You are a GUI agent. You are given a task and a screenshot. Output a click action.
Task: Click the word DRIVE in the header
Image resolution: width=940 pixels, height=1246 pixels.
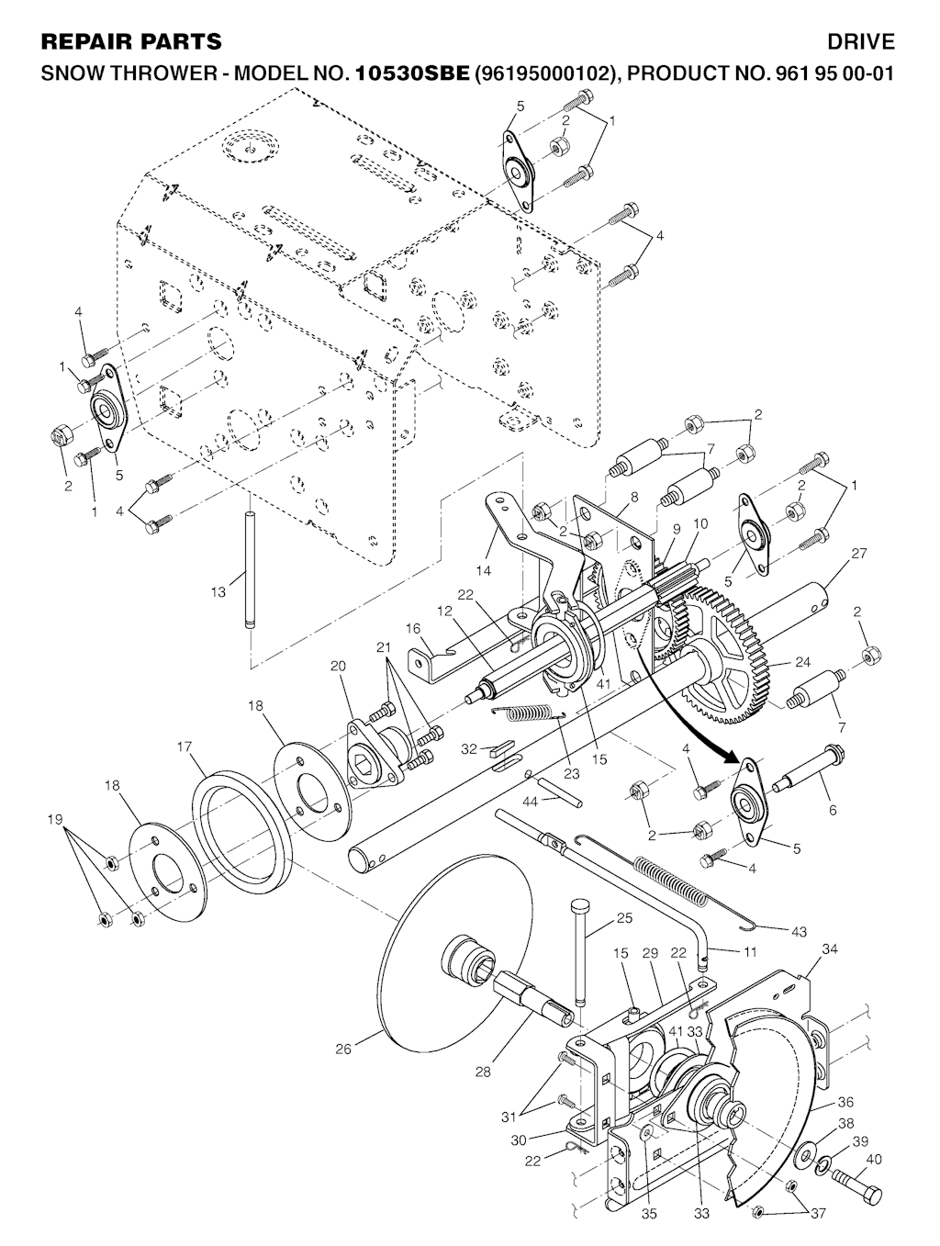point(860,41)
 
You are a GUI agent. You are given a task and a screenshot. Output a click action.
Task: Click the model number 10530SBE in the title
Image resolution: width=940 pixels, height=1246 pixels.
point(412,73)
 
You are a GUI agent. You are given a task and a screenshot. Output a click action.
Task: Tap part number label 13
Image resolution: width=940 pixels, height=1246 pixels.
point(218,592)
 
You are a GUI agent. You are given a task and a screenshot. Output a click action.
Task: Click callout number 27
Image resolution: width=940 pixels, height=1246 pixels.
point(859,554)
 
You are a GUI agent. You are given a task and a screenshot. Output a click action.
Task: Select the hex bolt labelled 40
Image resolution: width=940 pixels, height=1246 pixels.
point(856,1184)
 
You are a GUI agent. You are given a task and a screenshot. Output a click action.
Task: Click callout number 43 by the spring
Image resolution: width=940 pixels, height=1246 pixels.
point(799,932)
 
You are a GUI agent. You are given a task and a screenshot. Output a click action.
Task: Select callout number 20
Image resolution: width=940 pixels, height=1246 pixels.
point(338,666)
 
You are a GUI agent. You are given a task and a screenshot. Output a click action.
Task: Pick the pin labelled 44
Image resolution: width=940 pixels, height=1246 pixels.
point(560,791)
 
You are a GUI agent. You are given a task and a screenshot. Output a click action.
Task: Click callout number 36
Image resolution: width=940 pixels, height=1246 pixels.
point(845,1102)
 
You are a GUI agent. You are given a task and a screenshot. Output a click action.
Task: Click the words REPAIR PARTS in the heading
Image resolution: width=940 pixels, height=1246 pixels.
point(131,41)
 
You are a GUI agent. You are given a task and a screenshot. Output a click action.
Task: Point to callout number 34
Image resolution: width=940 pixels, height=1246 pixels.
point(829,949)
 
